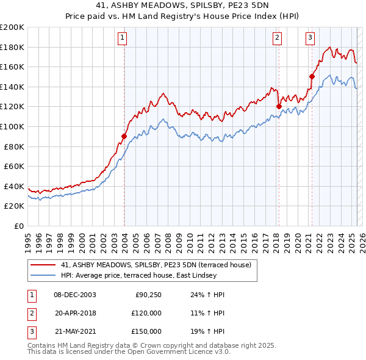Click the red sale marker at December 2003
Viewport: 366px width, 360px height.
(124, 136)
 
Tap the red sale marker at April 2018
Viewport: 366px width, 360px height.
(279, 106)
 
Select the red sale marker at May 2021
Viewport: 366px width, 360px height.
(312, 76)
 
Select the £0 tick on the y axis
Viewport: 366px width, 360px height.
(18, 226)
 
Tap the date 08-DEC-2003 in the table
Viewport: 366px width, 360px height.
(75, 295)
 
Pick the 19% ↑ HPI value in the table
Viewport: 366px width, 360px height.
(208, 331)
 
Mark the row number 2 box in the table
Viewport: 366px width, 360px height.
(30, 313)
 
